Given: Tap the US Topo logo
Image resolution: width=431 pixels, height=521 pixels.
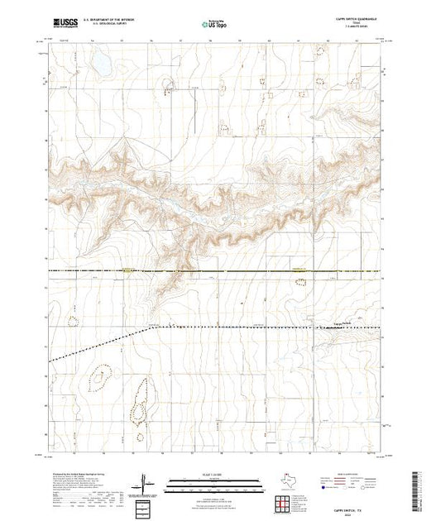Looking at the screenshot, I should [x=215, y=26].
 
